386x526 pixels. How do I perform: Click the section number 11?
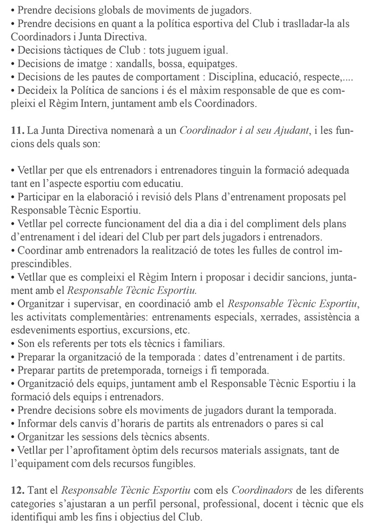tap(18, 131)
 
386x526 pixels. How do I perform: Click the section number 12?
tap(18, 490)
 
